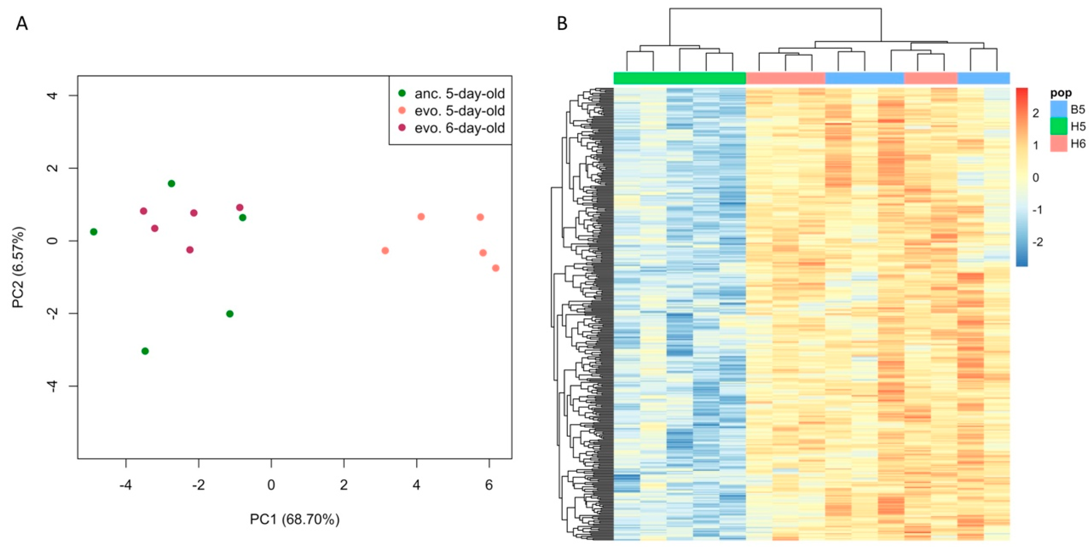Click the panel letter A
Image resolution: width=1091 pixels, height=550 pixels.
(x=22, y=24)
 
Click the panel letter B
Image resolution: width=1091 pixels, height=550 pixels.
(x=562, y=24)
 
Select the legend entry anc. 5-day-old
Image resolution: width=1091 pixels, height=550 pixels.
(x=459, y=93)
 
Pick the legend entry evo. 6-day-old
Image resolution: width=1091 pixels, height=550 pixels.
(x=459, y=128)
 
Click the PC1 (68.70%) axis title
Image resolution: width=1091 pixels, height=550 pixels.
(x=294, y=519)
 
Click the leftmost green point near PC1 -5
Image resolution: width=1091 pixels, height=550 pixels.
(x=94, y=232)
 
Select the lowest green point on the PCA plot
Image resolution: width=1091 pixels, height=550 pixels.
(x=145, y=351)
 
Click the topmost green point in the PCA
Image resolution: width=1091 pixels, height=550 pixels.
(x=171, y=183)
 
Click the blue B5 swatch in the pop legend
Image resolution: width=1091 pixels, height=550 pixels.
(x=1058, y=109)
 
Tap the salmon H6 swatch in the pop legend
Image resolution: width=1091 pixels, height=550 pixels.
(x=1058, y=144)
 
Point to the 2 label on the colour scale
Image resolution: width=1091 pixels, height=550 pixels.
(x=1036, y=113)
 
